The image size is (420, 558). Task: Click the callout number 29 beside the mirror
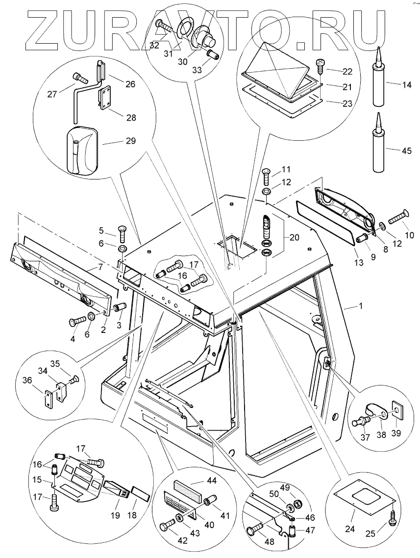[130, 141]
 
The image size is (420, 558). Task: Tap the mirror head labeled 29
[82, 151]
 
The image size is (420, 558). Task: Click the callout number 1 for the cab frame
[361, 305]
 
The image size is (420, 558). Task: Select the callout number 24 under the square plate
[350, 529]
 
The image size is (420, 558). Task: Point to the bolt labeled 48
[255, 526]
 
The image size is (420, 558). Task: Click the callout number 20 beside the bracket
[294, 237]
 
